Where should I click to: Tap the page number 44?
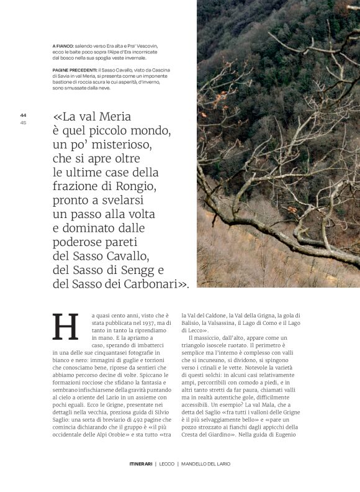coord(23,115)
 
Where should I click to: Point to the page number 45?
coord(23,122)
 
